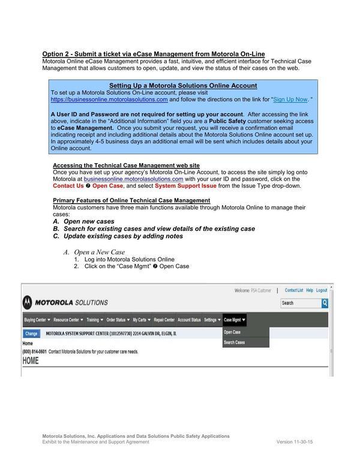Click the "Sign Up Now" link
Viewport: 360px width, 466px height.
click(x=290, y=100)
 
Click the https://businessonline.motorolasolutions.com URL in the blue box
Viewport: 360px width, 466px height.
click(x=109, y=100)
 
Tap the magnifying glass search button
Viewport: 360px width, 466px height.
click(x=325, y=303)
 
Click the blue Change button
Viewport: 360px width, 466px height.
click(x=31, y=333)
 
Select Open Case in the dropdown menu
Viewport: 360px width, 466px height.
click(x=232, y=332)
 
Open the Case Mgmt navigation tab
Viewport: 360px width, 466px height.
click(x=235, y=320)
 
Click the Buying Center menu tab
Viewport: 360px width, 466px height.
click(x=37, y=320)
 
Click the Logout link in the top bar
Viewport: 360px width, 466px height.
click(x=322, y=290)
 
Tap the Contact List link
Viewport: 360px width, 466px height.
click(x=293, y=290)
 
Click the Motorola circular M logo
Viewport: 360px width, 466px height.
click(x=28, y=303)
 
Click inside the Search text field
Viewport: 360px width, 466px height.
click(x=299, y=303)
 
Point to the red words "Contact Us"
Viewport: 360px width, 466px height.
click(x=68, y=186)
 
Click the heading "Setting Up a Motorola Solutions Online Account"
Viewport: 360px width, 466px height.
click(x=183, y=86)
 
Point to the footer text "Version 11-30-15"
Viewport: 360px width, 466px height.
click(x=295, y=441)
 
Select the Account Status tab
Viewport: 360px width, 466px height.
click(x=189, y=320)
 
